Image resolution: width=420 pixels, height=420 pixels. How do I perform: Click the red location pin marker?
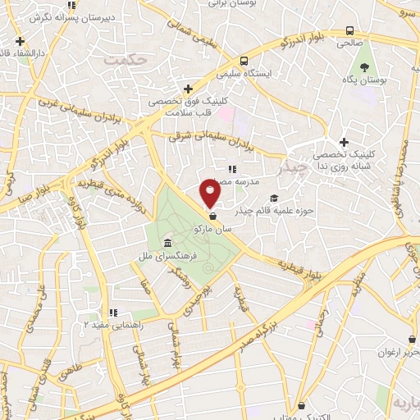211,194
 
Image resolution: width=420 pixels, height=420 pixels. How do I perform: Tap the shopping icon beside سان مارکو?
213,217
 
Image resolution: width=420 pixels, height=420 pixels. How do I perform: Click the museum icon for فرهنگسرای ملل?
167,244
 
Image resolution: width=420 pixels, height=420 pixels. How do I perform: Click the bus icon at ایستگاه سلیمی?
244,61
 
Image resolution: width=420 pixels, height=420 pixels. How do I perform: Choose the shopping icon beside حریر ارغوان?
411,340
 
